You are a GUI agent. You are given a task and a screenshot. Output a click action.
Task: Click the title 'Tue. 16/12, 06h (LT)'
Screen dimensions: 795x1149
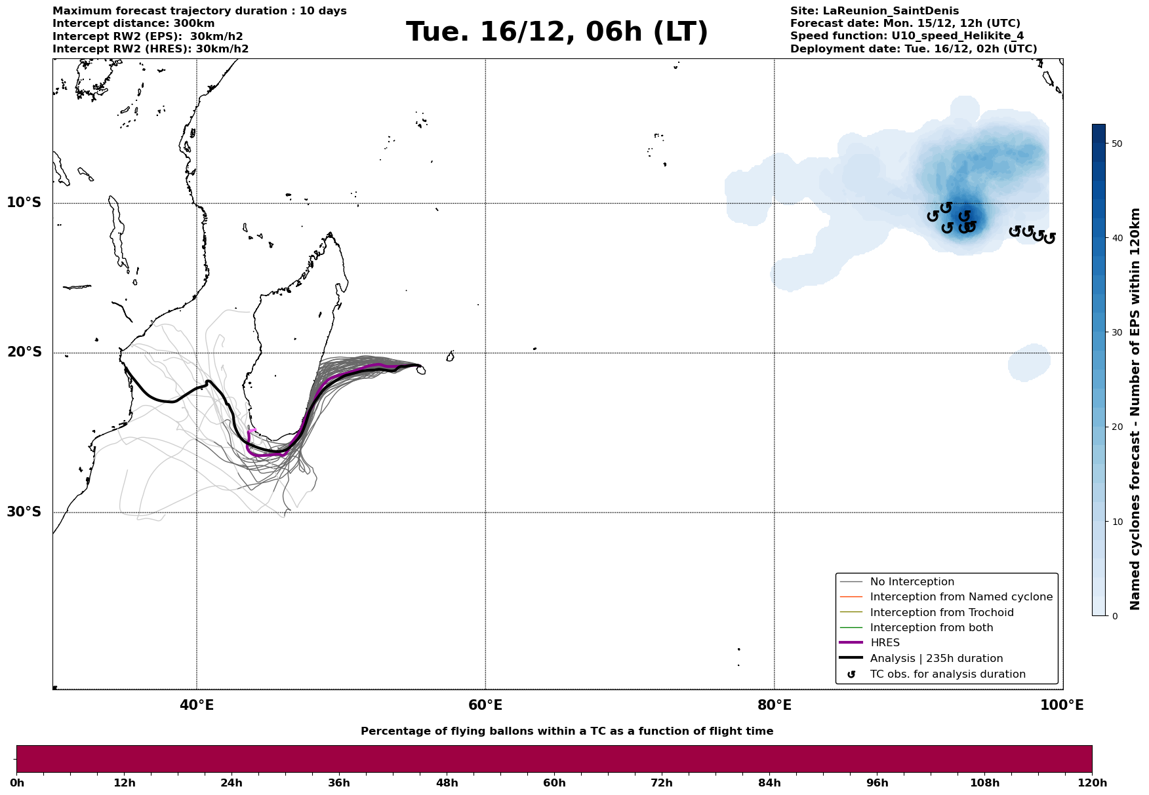pos(557,32)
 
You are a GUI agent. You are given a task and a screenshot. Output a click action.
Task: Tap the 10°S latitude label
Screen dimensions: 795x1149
pos(24,203)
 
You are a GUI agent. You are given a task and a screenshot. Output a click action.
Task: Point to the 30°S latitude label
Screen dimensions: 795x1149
pos(24,512)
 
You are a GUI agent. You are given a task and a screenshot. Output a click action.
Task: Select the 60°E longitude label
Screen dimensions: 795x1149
pos(485,705)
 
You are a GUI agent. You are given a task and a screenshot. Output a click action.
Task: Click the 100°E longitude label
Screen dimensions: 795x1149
pos(1062,705)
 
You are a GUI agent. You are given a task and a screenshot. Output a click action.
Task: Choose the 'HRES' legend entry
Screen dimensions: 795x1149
pos(885,643)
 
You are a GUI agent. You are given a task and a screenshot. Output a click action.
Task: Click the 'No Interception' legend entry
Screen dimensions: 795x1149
pos(912,582)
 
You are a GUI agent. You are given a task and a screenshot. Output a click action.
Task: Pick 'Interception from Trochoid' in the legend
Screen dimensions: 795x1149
pos(941,613)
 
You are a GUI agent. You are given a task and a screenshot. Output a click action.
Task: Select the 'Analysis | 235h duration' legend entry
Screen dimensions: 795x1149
pos(936,659)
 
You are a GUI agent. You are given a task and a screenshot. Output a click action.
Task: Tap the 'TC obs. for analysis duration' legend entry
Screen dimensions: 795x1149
pos(947,674)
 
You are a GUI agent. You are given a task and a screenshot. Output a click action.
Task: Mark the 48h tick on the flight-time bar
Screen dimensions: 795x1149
pos(447,783)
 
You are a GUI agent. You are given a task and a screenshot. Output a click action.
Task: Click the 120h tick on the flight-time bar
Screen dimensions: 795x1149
pos(1092,783)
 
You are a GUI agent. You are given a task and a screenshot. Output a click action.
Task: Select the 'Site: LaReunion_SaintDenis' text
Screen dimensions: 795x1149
pos(874,11)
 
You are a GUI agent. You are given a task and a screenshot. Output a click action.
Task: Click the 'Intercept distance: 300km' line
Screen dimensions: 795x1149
pos(133,24)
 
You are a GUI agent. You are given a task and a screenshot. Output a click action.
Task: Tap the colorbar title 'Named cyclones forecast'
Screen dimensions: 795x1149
pos(1135,409)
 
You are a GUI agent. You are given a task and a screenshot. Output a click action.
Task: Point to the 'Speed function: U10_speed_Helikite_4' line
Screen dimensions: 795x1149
pos(906,36)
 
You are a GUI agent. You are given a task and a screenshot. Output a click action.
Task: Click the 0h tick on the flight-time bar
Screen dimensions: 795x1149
pos(16,783)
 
